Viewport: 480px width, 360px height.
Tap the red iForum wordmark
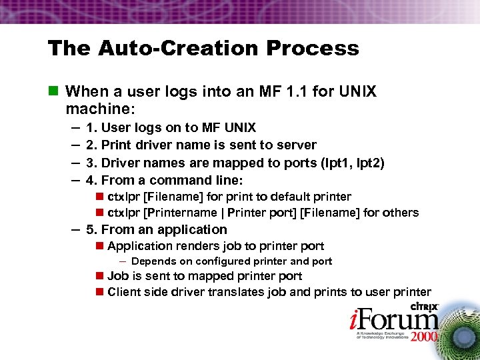click(381, 319)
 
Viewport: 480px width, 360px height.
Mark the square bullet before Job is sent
click(99, 276)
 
